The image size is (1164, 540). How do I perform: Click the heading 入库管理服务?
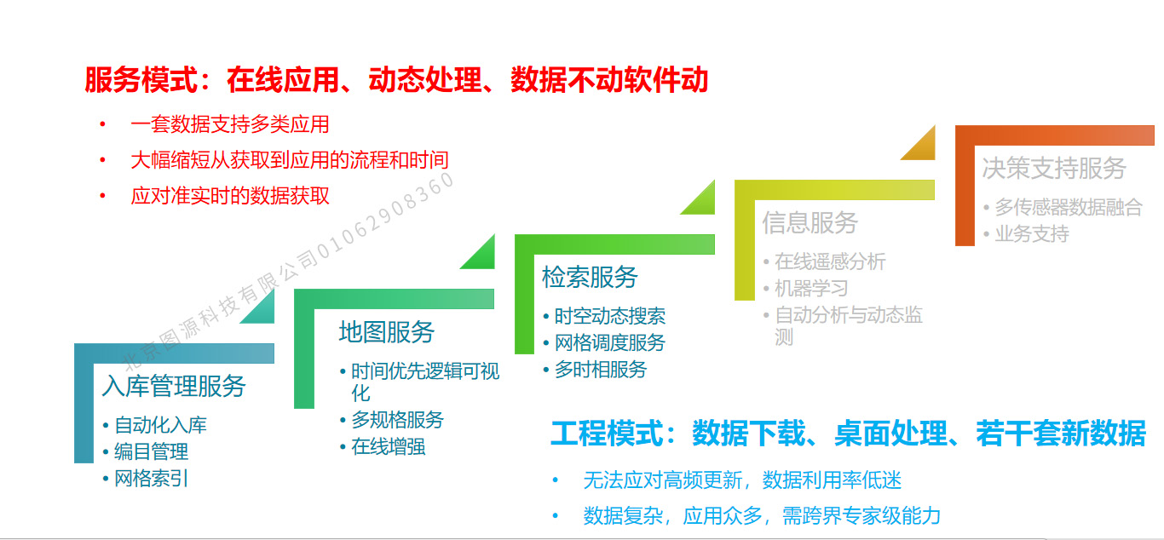174,387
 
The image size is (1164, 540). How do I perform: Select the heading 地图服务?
387,332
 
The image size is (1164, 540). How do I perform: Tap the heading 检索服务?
590,277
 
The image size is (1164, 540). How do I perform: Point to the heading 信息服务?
810,222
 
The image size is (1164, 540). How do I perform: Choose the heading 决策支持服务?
1054,168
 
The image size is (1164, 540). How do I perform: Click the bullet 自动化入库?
160,425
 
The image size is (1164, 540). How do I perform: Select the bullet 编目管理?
151,451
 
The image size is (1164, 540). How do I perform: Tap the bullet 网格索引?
151,478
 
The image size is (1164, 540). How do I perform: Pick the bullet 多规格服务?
398,420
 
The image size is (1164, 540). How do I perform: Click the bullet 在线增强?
389,446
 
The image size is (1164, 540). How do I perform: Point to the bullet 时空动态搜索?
610,316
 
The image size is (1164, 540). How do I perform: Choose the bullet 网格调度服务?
610,342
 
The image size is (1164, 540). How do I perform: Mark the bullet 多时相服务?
601,370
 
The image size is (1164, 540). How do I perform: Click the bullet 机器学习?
811,288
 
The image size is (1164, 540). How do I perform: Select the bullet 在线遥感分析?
830,261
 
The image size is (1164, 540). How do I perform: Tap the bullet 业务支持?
1032,233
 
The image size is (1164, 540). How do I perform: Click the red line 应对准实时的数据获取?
230,196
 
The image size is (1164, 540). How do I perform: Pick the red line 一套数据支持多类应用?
230,124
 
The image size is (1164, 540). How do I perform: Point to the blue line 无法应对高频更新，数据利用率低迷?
742,480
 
